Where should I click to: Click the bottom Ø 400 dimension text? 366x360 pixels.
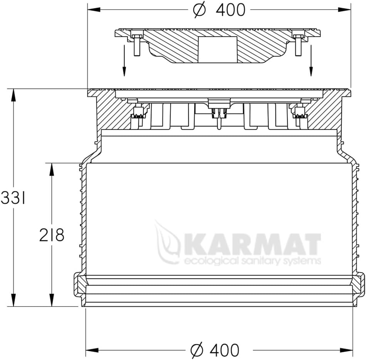215,350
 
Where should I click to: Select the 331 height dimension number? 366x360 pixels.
13,199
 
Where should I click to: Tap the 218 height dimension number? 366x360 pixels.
51,235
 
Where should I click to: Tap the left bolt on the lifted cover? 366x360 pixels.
137,44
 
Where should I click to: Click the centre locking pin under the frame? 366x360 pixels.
218,116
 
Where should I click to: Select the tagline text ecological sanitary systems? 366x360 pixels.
252,261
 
